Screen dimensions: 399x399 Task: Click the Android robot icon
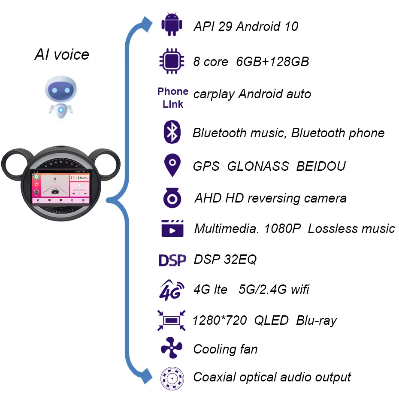(172, 25)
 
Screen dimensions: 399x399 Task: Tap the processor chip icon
(172, 61)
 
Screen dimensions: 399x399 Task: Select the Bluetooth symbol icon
(172, 132)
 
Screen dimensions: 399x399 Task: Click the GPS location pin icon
(172, 166)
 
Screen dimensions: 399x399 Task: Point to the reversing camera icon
(172, 198)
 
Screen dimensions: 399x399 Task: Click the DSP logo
(172, 260)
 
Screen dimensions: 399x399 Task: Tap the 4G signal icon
(172, 289)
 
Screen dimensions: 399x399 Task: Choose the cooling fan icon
(172, 348)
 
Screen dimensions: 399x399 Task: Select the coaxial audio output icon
(172, 378)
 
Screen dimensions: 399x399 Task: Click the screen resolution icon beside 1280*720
(172, 320)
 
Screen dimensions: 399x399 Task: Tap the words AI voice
(62, 54)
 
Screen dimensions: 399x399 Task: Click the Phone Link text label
(173, 98)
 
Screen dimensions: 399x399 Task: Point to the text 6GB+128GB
(272, 61)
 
